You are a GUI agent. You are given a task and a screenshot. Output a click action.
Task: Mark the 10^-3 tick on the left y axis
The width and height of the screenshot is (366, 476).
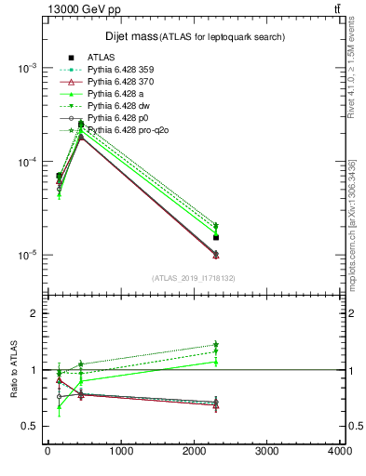(26, 69)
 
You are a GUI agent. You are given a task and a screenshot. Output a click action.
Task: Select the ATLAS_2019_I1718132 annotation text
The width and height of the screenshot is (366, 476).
(194, 277)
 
